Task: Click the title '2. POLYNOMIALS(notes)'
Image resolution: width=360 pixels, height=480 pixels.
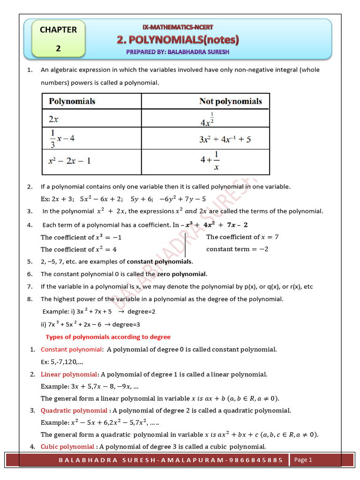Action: [x=178, y=41]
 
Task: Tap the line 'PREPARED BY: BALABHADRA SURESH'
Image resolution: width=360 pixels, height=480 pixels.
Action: [x=178, y=52]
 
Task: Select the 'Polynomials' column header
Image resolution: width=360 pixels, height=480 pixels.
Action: [x=72, y=101]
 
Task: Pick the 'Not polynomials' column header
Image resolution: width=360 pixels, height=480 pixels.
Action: [x=230, y=101]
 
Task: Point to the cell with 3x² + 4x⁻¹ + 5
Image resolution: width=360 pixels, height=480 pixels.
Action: [x=225, y=140]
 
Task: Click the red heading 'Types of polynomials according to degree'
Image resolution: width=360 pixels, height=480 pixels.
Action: [x=108, y=337]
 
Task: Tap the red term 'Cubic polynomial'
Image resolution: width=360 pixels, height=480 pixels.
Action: [x=67, y=446]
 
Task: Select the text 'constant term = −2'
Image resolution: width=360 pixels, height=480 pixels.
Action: [x=237, y=249]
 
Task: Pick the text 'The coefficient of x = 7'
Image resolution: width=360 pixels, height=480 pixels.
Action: [x=242, y=237]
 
